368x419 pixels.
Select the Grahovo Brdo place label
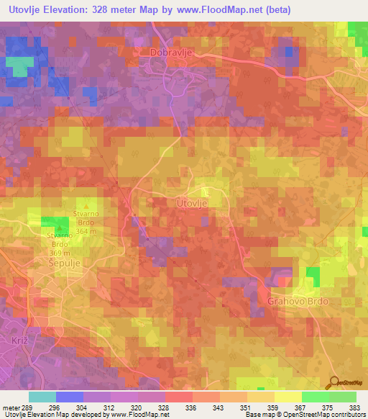(298, 300)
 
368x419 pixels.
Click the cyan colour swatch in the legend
(42, 397)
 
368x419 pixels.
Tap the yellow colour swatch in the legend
(287, 397)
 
